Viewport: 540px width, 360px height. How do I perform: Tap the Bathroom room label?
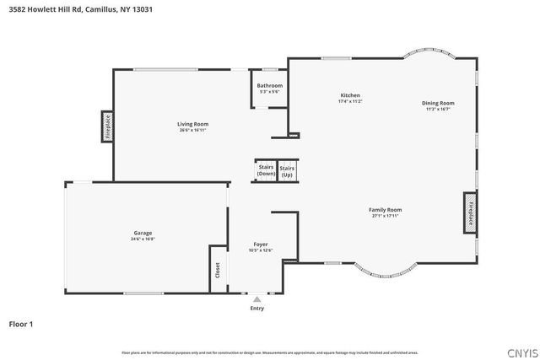point(269,85)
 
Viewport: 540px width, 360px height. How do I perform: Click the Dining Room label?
point(438,103)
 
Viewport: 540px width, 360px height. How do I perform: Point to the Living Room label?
point(193,124)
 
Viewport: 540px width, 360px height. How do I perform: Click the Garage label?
point(143,233)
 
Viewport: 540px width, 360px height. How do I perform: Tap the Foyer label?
point(261,244)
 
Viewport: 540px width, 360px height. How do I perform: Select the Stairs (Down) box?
point(266,170)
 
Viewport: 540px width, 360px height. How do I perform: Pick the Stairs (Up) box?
point(287,170)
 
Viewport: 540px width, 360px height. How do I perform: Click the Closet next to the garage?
point(218,270)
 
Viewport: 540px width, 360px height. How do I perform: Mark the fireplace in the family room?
point(470,212)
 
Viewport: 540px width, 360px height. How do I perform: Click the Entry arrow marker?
point(257,298)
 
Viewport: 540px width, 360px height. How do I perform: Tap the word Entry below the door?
point(257,308)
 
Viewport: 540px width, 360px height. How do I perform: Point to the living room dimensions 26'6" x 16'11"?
point(193,130)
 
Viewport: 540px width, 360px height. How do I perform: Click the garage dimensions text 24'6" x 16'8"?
point(143,239)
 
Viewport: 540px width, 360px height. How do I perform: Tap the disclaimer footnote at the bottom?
point(269,352)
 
